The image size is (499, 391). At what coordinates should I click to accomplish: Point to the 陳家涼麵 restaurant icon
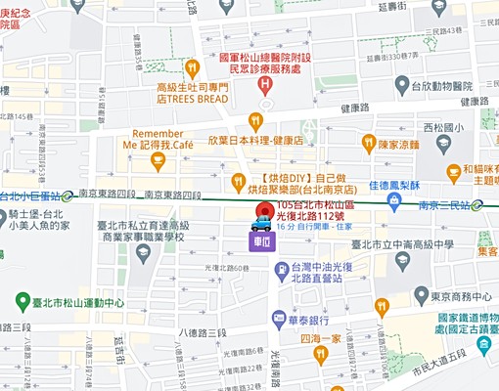pos(368,144)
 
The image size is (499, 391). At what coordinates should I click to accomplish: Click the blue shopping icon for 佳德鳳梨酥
pos(393,200)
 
